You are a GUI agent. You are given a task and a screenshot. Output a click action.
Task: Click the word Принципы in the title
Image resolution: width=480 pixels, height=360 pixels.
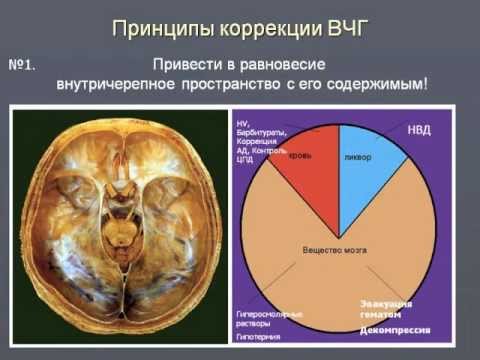[x=159, y=26]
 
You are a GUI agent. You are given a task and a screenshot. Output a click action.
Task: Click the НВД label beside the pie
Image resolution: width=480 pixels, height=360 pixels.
[x=420, y=130]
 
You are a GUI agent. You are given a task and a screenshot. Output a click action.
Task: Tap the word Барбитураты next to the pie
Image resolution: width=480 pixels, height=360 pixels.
[x=262, y=132]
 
